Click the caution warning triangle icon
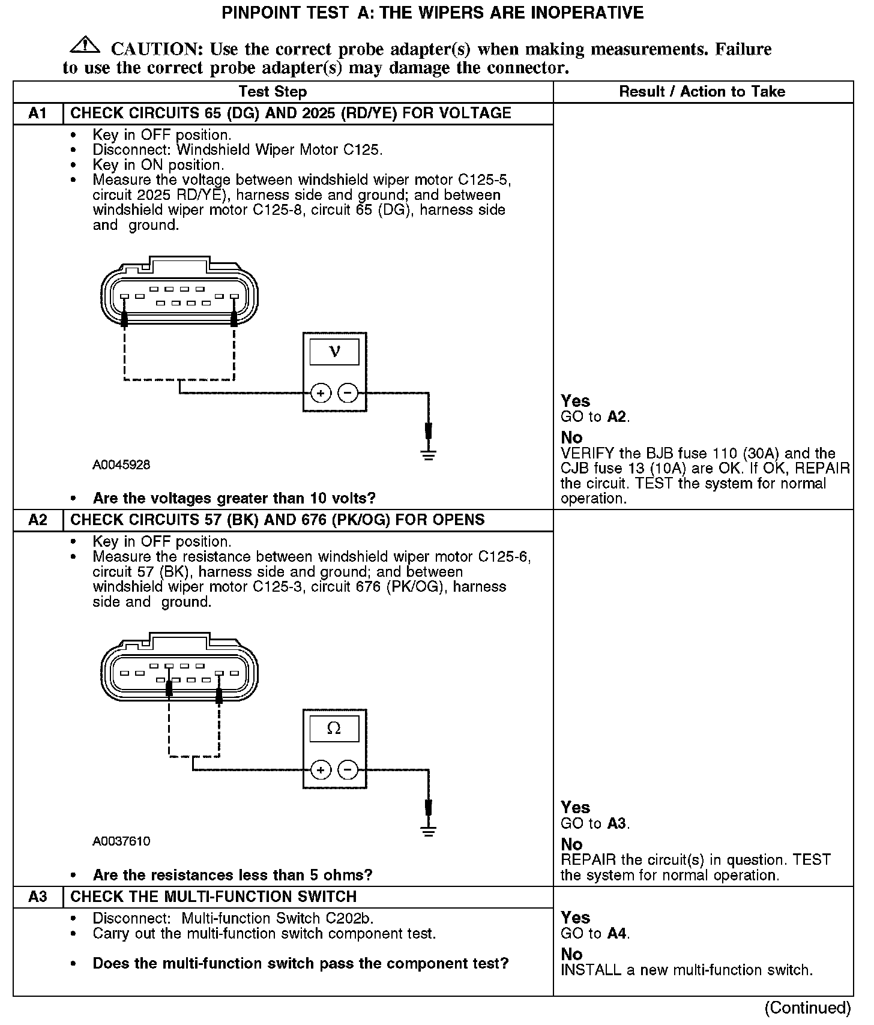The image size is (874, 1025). click(85, 45)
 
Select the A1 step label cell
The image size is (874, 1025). click(38, 113)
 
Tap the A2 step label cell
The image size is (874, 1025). click(38, 520)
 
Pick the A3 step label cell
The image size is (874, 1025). click(38, 897)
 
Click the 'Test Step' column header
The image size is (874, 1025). click(273, 92)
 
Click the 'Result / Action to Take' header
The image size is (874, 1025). click(702, 92)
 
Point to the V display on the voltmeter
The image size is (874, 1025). click(334, 352)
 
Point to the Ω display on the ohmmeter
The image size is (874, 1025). click(334, 729)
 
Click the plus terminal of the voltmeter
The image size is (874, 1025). click(321, 394)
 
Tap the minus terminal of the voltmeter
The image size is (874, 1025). click(348, 394)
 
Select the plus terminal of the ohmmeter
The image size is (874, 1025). click(321, 770)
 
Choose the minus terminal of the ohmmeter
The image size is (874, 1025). click(348, 770)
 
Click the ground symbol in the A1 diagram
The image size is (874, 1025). click(428, 454)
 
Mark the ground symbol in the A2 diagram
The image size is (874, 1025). click(428, 831)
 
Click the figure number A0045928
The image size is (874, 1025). click(121, 465)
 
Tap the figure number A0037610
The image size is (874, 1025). click(121, 841)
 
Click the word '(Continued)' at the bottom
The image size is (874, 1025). click(807, 1008)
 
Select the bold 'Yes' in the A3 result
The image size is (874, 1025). click(575, 918)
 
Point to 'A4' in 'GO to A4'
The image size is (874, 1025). click(617, 934)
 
